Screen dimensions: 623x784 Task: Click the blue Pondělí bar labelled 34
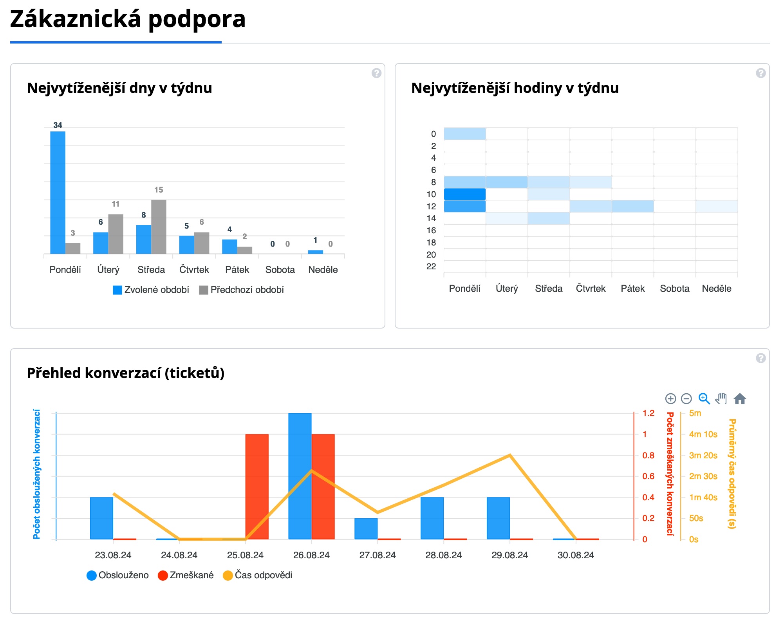click(58, 192)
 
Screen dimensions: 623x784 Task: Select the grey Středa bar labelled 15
click(159, 227)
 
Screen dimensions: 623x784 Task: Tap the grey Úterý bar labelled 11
click(116, 234)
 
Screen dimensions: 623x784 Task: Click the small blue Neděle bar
click(315, 252)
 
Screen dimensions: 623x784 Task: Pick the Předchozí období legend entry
click(242, 290)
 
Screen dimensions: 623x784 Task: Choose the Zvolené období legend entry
click(151, 290)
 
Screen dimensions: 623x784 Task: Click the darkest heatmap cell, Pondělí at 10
click(465, 194)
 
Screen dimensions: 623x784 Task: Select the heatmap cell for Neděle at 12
click(717, 206)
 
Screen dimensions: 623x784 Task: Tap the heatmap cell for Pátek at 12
click(632, 206)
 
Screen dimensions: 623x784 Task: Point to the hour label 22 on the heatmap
click(431, 267)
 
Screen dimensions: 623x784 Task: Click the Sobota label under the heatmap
click(674, 289)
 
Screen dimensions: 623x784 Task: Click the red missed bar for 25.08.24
click(257, 486)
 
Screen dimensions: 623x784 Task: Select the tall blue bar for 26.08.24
click(300, 476)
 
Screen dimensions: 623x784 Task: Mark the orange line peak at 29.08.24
click(509, 455)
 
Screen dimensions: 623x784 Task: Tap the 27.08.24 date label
click(378, 555)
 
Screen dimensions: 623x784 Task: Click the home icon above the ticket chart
click(740, 399)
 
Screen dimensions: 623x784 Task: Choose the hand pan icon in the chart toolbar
click(721, 399)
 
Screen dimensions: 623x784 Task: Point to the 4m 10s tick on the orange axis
click(703, 434)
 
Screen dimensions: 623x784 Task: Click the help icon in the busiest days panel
click(376, 73)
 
